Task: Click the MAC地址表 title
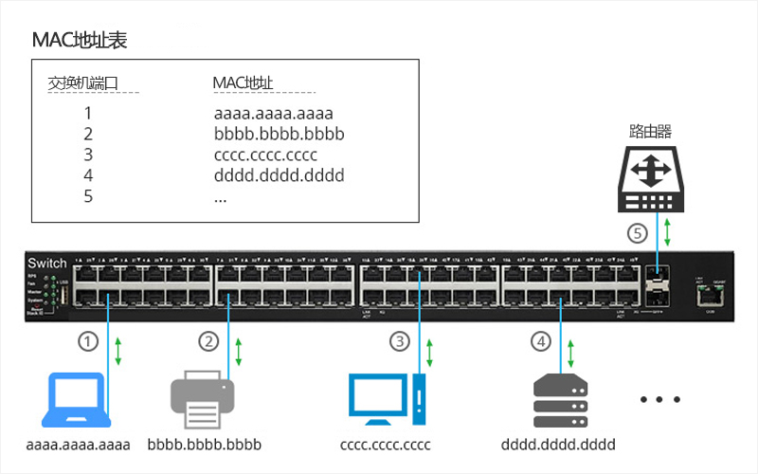pos(80,41)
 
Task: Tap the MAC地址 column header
pos(244,83)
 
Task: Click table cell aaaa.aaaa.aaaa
pos(274,114)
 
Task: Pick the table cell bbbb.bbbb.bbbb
pos(279,135)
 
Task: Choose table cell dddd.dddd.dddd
pos(279,175)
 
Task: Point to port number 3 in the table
pos(88,155)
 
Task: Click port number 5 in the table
pos(88,196)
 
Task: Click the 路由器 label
pos(650,130)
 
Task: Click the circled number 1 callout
pos(88,341)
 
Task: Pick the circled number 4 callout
pos(541,341)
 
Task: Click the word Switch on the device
pos(48,263)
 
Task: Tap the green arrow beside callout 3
pos(431,349)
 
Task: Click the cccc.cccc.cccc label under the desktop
pos(385,445)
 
